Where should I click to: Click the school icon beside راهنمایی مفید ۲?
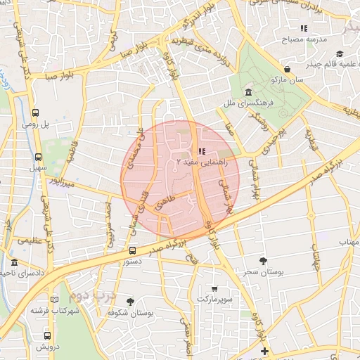(202, 151)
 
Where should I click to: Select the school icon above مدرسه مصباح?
(304, 28)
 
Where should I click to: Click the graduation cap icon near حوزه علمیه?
(340, 54)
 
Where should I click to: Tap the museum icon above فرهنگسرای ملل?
(248, 93)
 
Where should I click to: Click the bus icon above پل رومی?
(36, 112)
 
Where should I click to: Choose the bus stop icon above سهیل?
(37, 157)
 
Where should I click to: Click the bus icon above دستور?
(133, 250)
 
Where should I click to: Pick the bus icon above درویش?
(47, 335)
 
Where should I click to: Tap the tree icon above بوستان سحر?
(263, 261)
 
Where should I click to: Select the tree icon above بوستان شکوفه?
(130, 301)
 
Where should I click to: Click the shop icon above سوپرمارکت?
(214, 288)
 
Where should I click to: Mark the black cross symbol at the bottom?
(264, 351)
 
